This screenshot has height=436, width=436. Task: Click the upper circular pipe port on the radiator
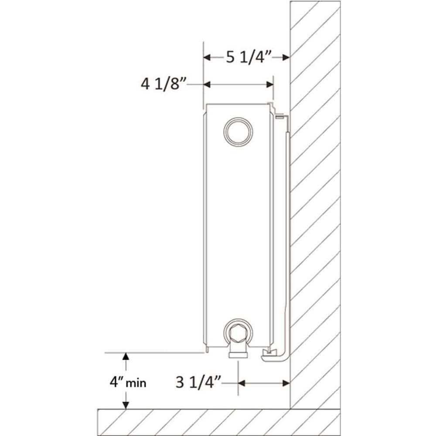pos(238,131)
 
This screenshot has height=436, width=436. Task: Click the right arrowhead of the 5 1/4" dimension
pos(286,57)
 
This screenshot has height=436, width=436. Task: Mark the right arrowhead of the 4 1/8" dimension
pos(269,84)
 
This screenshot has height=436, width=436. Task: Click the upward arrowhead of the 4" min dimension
pos(126,356)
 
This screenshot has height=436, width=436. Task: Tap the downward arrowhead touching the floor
pos(126,405)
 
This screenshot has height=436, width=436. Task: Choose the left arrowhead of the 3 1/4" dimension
pos(242,383)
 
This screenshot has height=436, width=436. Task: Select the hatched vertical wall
pos(315,196)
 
